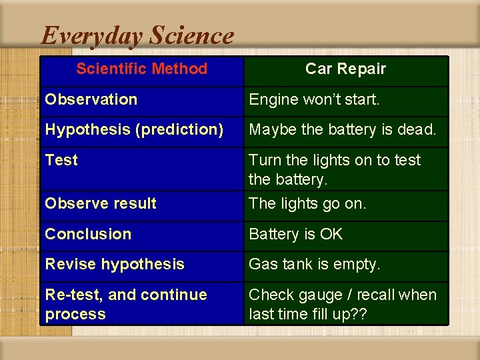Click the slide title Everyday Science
click(137, 35)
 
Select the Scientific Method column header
click(141, 69)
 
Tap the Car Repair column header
click(345, 69)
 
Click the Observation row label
click(91, 99)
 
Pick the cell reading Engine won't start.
click(314, 100)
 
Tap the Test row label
click(61, 160)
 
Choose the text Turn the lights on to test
click(335, 160)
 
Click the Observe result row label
click(101, 203)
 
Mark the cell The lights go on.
click(307, 203)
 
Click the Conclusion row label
click(88, 234)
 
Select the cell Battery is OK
click(295, 234)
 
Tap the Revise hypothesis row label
click(115, 264)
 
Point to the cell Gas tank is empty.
click(315, 264)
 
